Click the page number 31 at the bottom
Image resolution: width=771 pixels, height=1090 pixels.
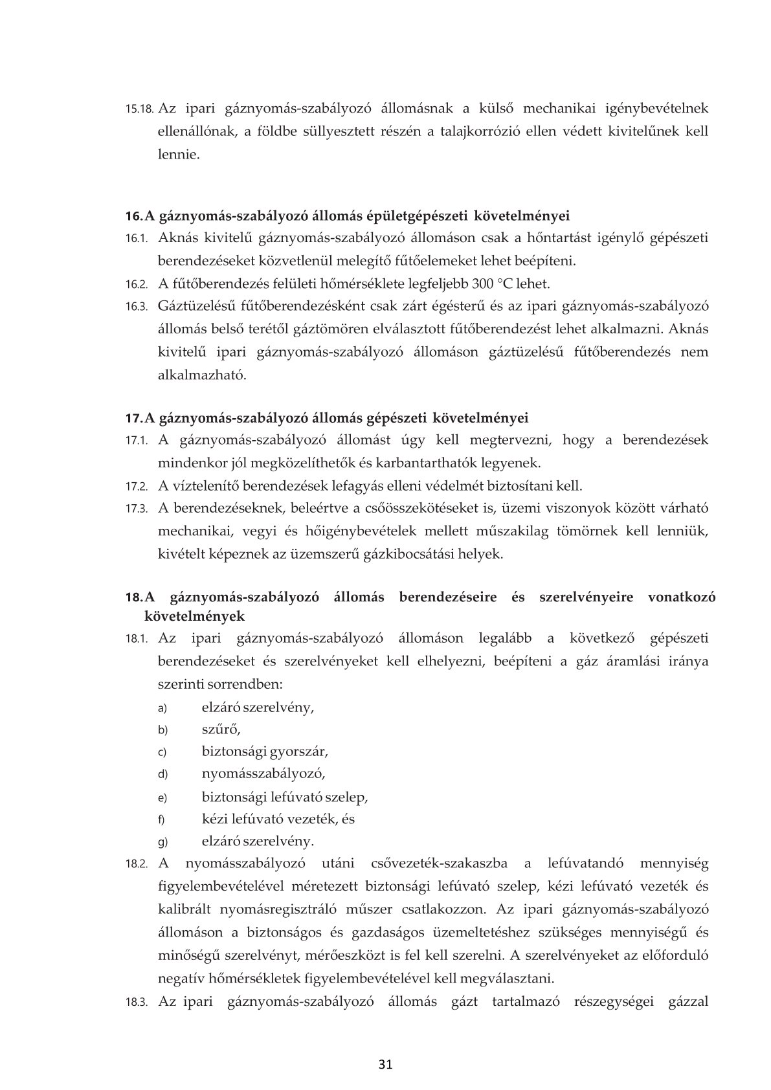pyautogui.click(x=385, y=1064)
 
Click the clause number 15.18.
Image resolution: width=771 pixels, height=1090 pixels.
pyautogui.click(x=139, y=109)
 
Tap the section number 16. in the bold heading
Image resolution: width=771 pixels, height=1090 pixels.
pyautogui.click(x=133, y=215)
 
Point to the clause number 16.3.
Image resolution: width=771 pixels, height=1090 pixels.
pyautogui.click(x=137, y=307)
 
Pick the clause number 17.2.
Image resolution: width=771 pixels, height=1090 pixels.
pyautogui.click(x=137, y=486)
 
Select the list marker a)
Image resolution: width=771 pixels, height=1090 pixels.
pyautogui.click(x=162, y=708)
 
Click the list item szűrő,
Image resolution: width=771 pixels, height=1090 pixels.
pyautogui.click(x=221, y=729)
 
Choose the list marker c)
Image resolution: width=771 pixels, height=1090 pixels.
pyautogui.click(x=162, y=753)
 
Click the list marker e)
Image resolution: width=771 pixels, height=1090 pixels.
pyautogui.click(x=162, y=797)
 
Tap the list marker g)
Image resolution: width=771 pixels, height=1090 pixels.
pyautogui.click(x=162, y=842)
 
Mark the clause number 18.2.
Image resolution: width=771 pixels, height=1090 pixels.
pyautogui.click(x=137, y=865)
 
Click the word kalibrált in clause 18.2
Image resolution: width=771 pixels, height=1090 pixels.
pyautogui.click(x=188, y=908)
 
